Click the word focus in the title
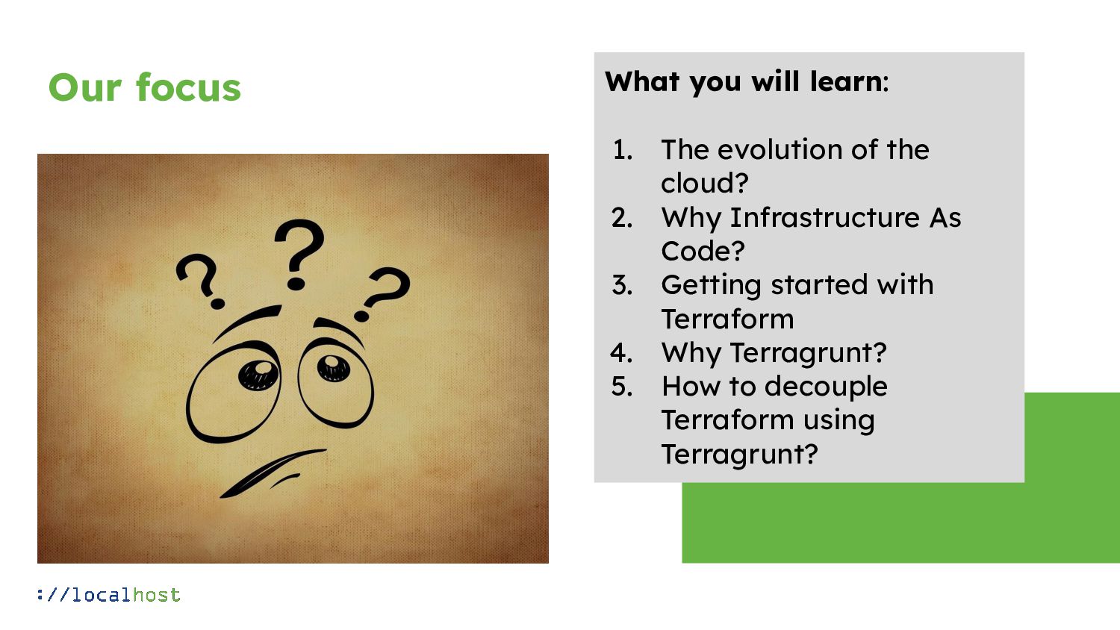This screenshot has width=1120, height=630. [188, 87]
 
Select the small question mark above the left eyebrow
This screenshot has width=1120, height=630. [200, 281]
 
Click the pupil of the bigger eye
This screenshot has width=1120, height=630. [258, 374]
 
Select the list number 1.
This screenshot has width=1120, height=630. [622, 150]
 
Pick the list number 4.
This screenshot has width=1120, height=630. [621, 352]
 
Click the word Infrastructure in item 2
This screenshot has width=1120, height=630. [824, 217]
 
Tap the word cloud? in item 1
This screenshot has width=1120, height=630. [704, 184]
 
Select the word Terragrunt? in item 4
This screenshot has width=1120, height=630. [808, 352]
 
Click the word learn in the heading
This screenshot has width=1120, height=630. [846, 81]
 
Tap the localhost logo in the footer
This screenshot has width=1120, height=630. [109, 595]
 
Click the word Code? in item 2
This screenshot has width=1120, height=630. [703, 251]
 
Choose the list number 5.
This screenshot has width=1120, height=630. [621, 387]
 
